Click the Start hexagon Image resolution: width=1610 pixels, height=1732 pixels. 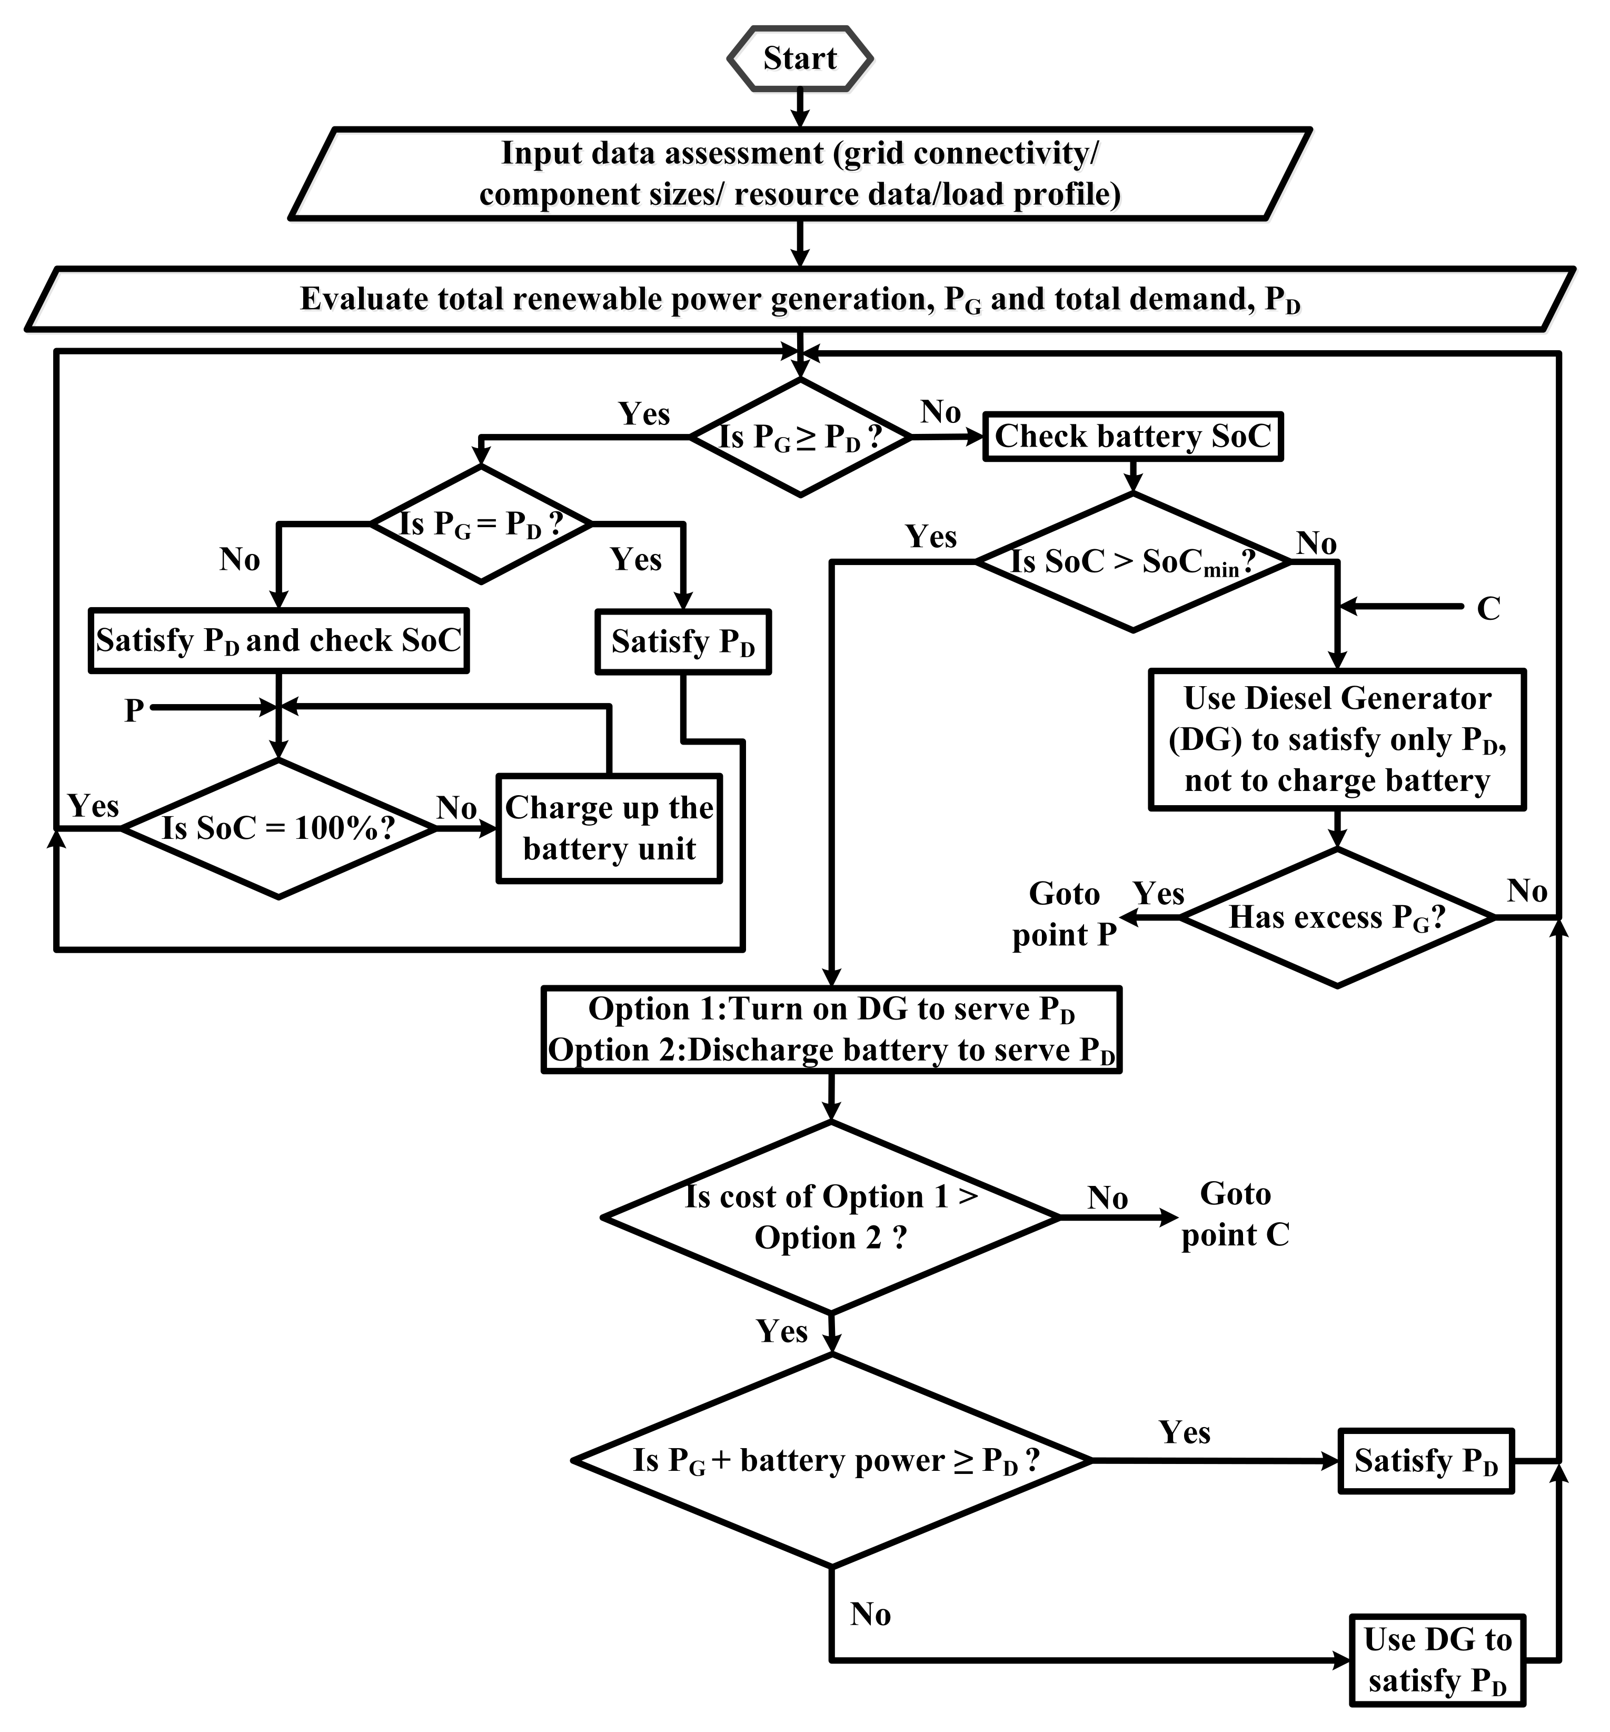point(800,58)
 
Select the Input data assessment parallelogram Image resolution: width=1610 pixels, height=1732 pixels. point(800,173)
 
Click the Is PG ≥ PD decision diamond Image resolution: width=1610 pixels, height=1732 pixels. point(800,438)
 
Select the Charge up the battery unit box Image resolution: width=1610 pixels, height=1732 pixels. point(609,828)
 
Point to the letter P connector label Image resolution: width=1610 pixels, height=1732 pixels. point(133,710)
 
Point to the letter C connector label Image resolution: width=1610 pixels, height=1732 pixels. point(1488,608)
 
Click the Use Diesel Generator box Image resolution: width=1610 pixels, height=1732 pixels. point(1336,740)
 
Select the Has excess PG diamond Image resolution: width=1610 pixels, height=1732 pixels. point(1336,917)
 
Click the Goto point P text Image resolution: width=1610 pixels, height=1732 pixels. point(1064,915)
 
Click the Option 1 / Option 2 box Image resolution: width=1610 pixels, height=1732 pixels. point(831,1030)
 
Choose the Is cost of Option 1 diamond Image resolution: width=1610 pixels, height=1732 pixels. point(831,1217)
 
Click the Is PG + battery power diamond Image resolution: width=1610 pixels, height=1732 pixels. point(831,1460)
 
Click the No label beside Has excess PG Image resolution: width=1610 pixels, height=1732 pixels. point(1526,891)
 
